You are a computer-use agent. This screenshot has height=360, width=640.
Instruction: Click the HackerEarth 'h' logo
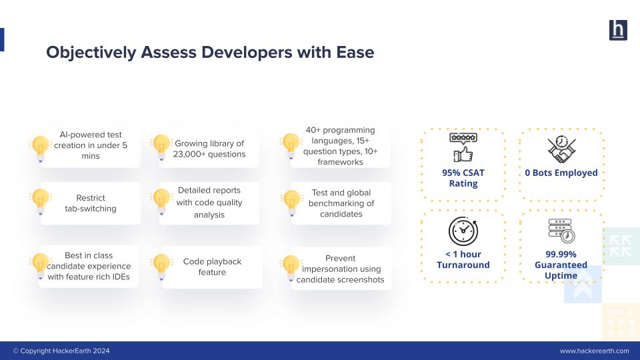[x=618, y=30]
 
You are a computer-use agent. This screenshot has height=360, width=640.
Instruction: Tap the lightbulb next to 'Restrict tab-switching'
[x=41, y=201]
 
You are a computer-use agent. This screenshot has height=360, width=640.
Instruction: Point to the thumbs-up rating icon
[x=463, y=148]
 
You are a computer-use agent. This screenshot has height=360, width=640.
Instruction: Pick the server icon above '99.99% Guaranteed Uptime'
[x=561, y=231]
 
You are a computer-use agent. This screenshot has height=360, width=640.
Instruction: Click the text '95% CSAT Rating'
[x=463, y=178]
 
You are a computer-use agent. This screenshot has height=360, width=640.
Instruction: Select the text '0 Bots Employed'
[x=561, y=173]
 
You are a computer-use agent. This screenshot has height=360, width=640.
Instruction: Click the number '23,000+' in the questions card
[x=192, y=154]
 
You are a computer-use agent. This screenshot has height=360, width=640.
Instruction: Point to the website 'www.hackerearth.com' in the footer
[x=594, y=351]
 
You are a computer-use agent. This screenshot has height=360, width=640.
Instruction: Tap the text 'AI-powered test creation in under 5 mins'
[x=90, y=145]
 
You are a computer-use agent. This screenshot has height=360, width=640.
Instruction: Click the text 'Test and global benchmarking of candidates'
[x=341, y=203]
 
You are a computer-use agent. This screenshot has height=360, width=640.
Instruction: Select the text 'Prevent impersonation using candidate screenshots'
[x=340, y=269]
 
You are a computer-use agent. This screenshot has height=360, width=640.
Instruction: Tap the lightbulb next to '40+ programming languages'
[x=290, y=145]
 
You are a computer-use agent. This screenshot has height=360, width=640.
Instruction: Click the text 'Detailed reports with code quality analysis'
[x=209, y=203]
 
